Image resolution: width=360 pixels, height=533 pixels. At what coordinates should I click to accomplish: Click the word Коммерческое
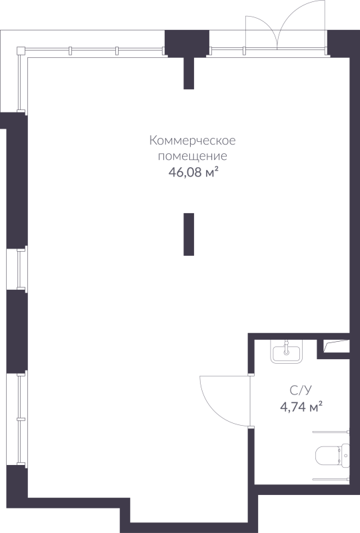coord(193,141)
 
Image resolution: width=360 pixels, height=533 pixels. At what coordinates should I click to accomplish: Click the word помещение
coord(193,157)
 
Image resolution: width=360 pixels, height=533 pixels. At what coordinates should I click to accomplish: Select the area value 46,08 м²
coord(193,173)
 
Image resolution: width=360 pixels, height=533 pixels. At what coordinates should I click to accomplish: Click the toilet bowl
coord(327,456)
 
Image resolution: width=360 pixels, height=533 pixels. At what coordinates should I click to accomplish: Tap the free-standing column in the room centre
coord(189,234)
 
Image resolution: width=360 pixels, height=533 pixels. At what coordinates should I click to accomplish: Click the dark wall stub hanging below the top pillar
coord(189,73)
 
